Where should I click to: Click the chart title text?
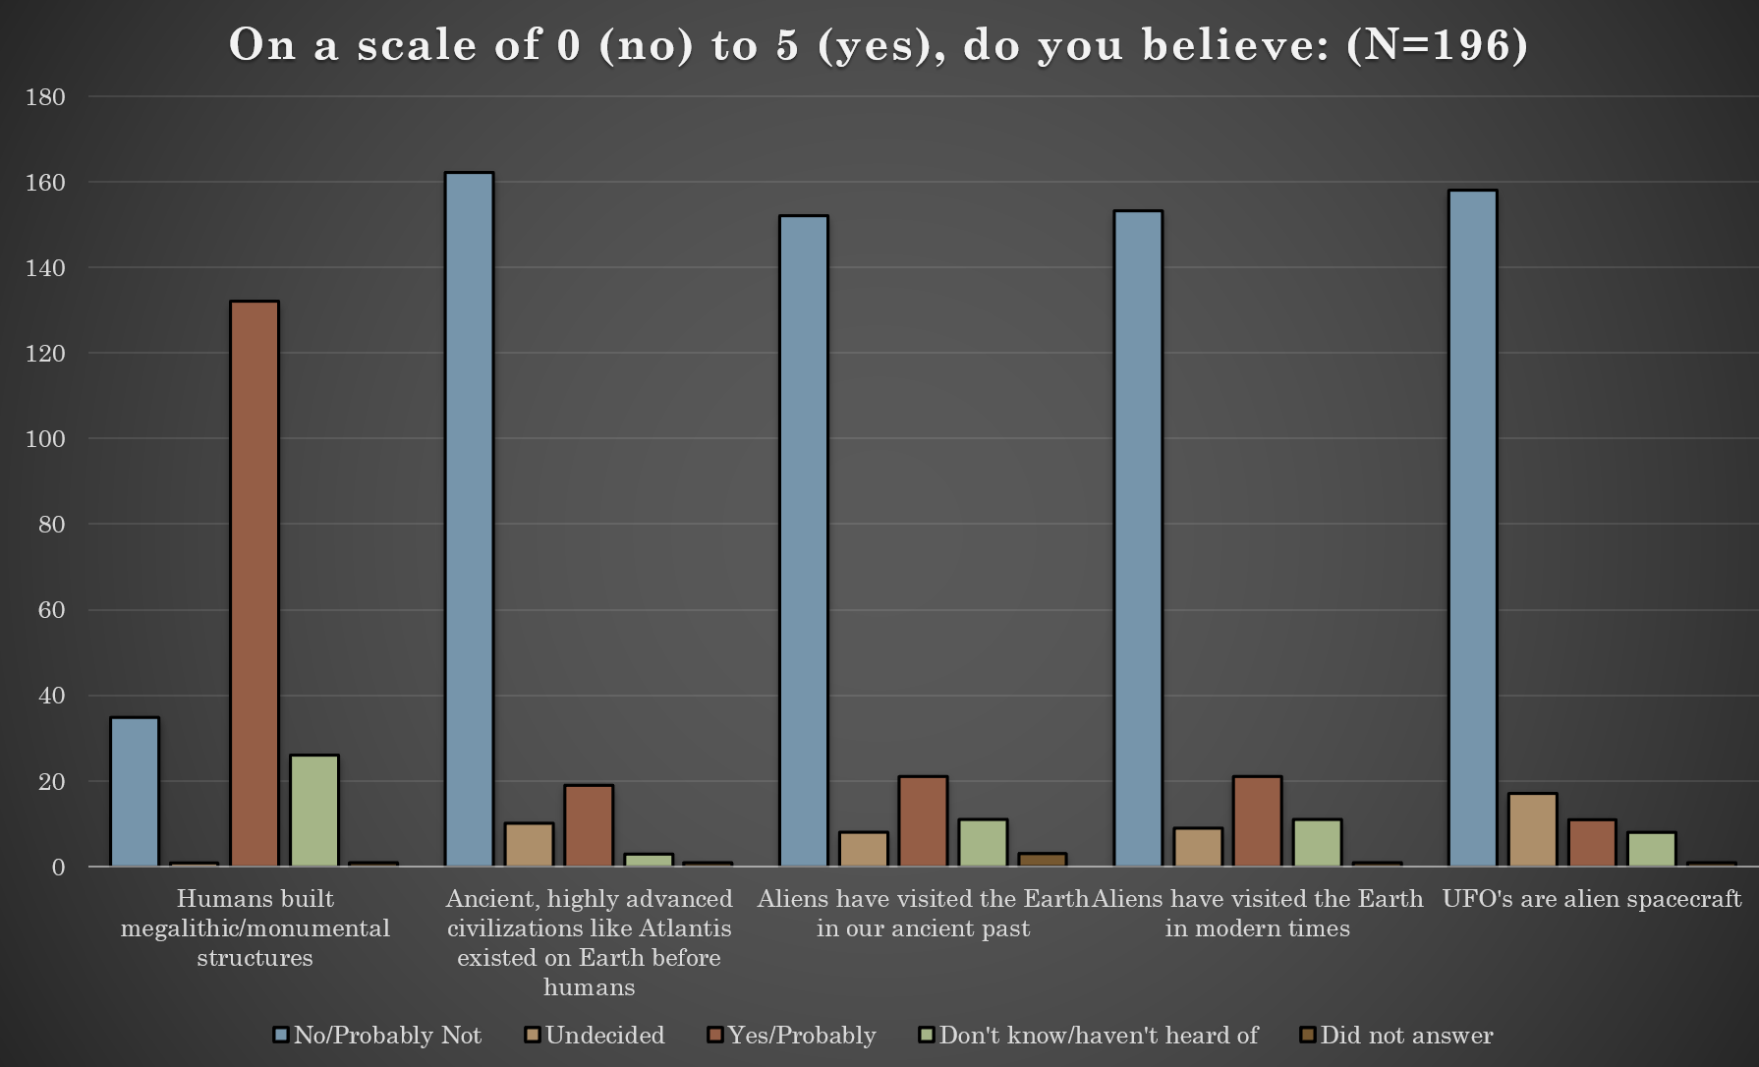878,45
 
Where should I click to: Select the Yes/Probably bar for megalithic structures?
255,584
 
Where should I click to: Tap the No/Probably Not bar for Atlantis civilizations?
470,520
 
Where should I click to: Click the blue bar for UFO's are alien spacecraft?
1473,529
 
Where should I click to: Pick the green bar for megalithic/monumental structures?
314,811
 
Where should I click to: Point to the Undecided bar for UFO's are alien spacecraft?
1533,830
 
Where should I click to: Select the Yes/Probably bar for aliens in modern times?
1258,821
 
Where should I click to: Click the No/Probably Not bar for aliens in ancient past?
804,541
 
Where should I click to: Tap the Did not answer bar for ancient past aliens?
1043,860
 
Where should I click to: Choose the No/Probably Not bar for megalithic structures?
135,792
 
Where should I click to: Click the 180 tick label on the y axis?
45,97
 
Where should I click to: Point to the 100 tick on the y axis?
45,439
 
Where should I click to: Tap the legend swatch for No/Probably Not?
281,1036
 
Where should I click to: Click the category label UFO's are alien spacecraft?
1591,899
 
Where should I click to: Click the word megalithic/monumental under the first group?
255,928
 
